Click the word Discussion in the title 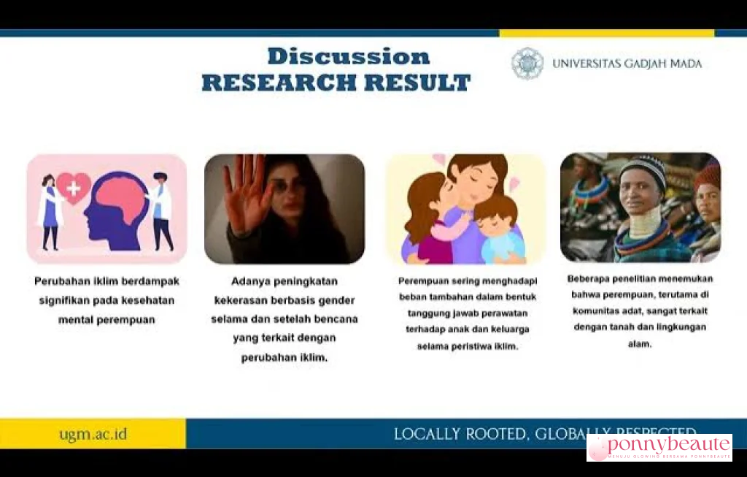click(x=348, y=57)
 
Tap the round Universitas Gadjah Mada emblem click(x=527, y=64)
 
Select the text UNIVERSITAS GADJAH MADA click(x=627, y=64)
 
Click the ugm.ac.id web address click(x=93, y=434)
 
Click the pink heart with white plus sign click(x=74, y=187)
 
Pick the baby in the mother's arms click(x=500, y=230)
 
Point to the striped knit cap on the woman click(x=643, y=170)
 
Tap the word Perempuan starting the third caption click(x=422, y=280)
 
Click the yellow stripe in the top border click(x=606, y=33)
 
